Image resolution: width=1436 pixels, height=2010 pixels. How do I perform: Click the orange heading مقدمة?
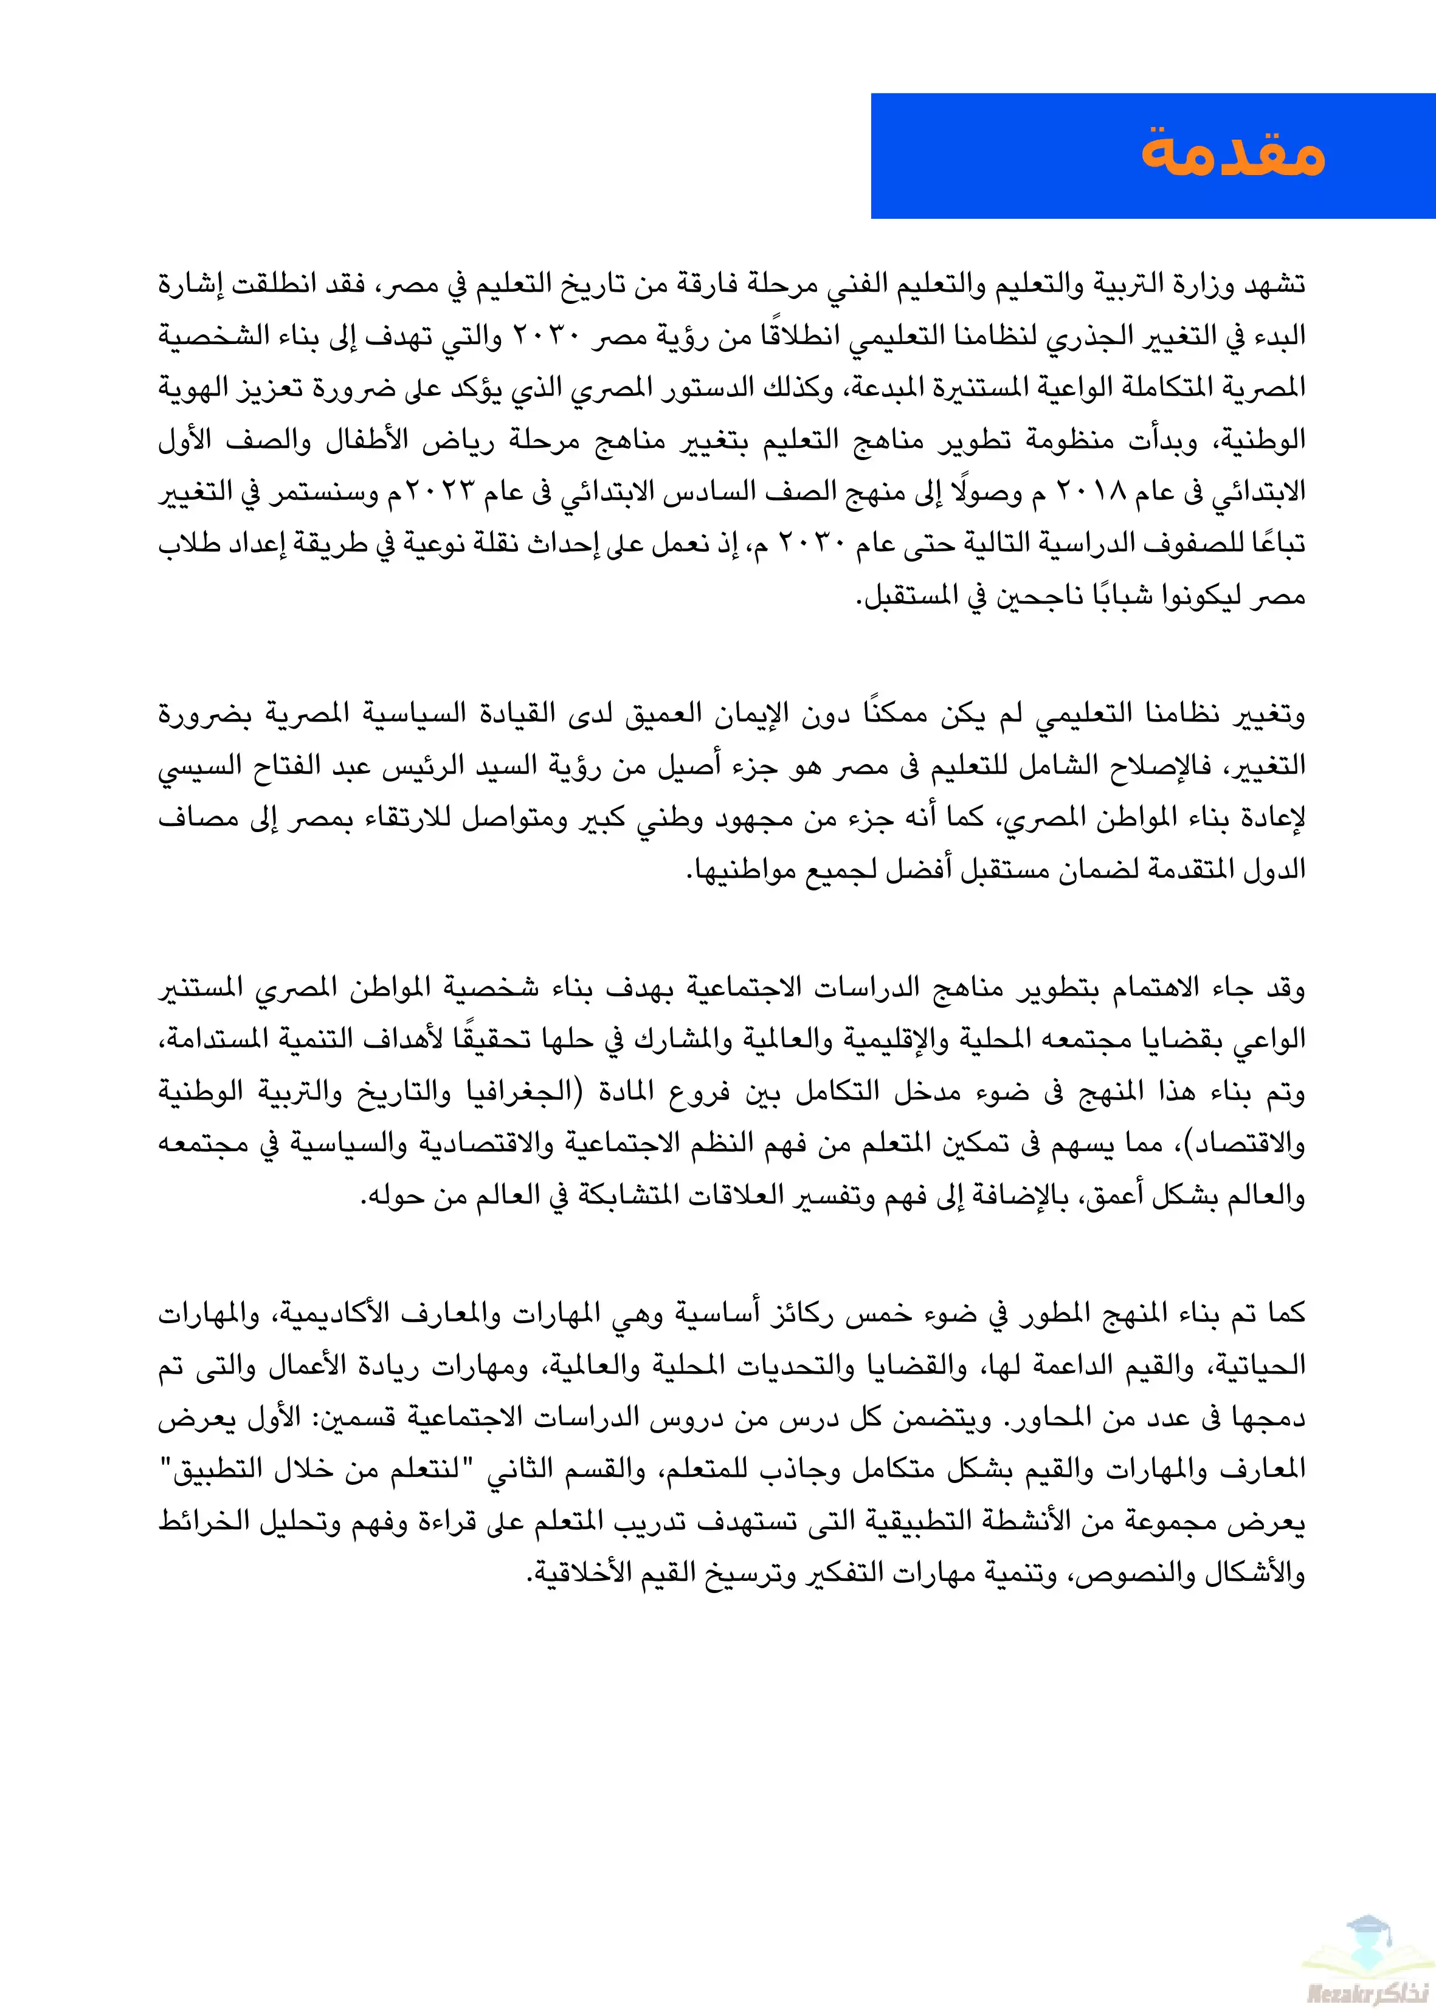pos(1232,154)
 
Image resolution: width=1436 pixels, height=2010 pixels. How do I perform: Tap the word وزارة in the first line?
pos(1208,284)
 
